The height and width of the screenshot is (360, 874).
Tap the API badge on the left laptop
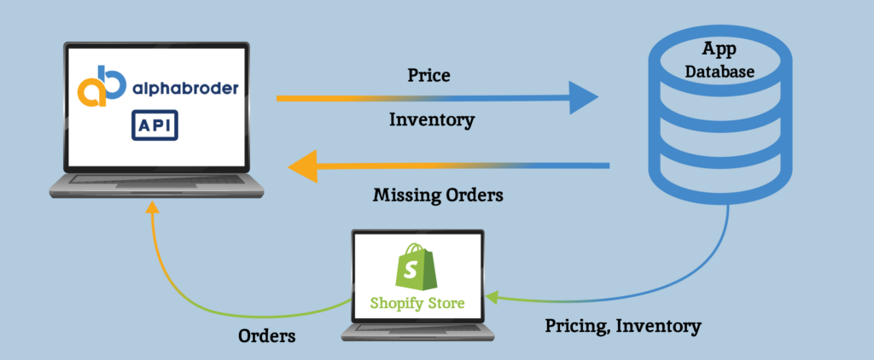(154, 125)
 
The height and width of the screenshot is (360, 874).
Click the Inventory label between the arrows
(431, 119)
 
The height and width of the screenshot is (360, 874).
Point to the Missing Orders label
(438, 195)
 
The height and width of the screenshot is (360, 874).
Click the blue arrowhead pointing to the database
(584, 98)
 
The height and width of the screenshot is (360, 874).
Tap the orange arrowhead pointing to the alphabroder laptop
(304, 165)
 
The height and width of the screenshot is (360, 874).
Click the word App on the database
(720, 49)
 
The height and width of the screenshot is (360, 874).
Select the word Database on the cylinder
(720, 72)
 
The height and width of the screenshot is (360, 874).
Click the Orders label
(266, 335)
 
